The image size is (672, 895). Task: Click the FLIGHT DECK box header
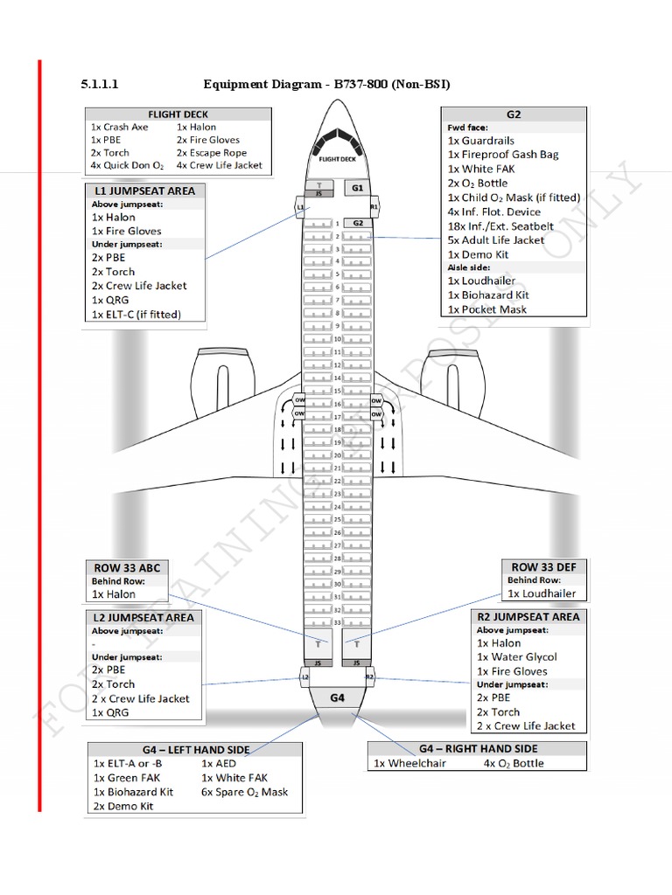pyautogui.click(x=178, y=114)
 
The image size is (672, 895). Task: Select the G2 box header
pyautogui.click(x=514, y=114)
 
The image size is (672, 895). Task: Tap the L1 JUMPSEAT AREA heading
pyautogui.click(x=144, y=191)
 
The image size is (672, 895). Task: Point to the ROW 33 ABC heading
pyautogui.click(x=127, y=567)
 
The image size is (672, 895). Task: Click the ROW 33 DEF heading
pyautogui.click(x=543, y=567)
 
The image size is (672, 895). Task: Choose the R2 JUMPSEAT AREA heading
pyautogui.click(x=528, y=616)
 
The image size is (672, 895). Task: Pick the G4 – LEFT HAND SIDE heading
pyautogui.click(x=193, y=749)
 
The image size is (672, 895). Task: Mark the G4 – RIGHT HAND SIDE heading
pyautogui.click(x=478, y=748)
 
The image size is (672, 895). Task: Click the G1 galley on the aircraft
pyautogui.click(x=357, y=187)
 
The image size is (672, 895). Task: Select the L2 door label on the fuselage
pyautogui.click(x=304, y=676)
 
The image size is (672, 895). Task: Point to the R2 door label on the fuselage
pyautogui.click(x=369, y=676)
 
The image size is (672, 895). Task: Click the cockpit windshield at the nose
pyautogui.click(x=336, y=139)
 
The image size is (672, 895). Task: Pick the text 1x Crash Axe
pyautogui.click(x=120, y=127)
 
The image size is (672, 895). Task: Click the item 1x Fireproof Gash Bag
pyautogui.click(x=503, y=155)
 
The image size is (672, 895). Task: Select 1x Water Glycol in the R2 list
pyautogui.click(x=516, y=657)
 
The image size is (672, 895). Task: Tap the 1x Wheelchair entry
pyautogui.click(x=409, y=763)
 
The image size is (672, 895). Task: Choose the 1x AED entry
pyautogui.click(x=219, y=763)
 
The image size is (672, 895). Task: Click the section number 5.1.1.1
pyautogui.click(x=99, y=85)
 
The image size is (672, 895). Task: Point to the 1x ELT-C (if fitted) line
pyautogui.click(x=136, y=314)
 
